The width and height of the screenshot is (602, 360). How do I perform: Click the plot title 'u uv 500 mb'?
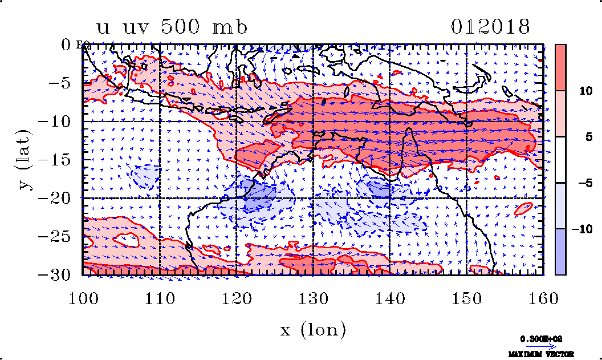click(x=172, y=27)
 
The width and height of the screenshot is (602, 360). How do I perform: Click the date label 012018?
click(x=491, y=27)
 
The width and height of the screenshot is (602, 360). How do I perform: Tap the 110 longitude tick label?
click(x=160, y=297)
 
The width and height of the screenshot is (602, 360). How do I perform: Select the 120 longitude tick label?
click(x=237, y=297)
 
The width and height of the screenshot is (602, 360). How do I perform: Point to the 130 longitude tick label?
click(x=314, y=297)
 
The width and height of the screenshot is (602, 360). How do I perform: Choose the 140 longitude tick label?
click(x=390, y=297)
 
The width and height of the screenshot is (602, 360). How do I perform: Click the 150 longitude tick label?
click(x=467, y=297)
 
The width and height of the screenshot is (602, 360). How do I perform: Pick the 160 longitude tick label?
click(x=543, y=297)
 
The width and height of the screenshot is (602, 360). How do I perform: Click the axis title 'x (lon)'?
click(x=313, y=330)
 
